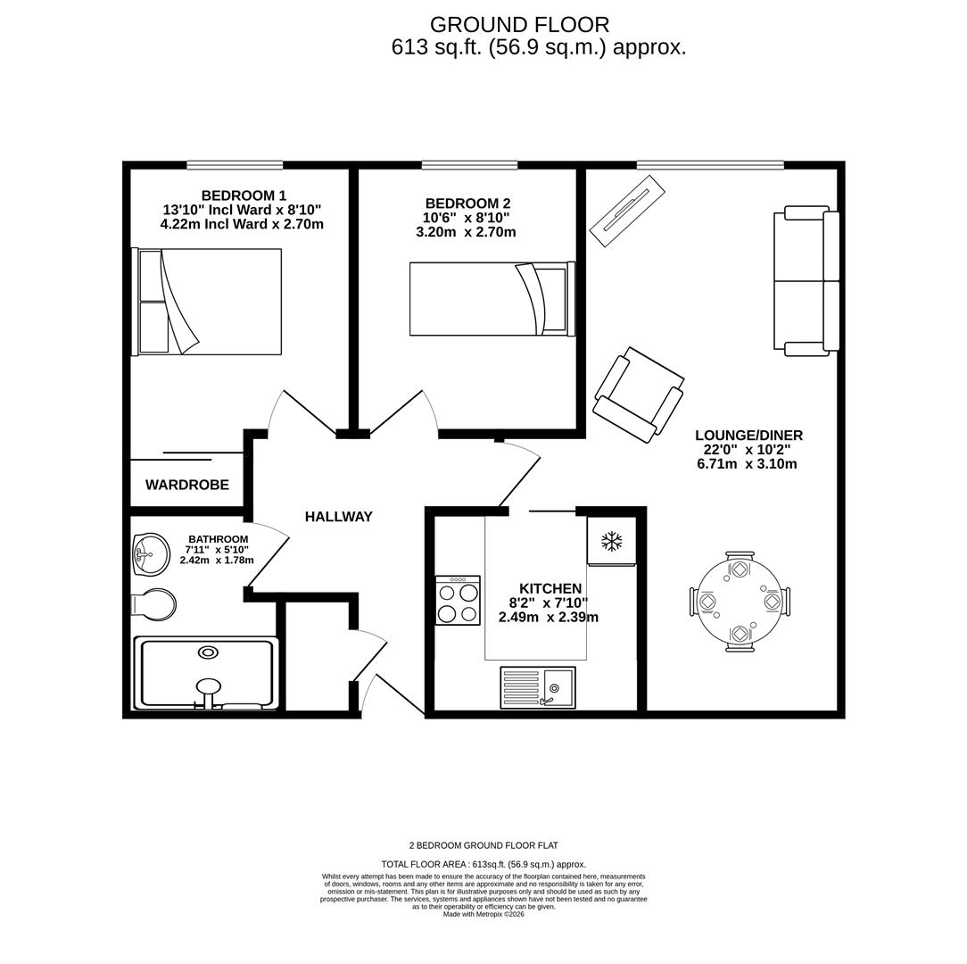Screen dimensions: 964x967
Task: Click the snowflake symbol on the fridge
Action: (611, 541)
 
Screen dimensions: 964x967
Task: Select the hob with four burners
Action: (458, 601)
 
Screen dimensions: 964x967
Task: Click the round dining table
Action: (740, 602)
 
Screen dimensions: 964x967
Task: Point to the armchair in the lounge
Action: (639, 395)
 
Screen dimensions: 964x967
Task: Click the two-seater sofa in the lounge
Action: (806, 281)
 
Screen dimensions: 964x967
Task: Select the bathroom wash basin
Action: (151, 554)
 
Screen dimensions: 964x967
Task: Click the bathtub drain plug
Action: (208, 652)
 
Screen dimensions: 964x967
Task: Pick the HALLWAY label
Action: (339, 517)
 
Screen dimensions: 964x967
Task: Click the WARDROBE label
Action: (187, 485)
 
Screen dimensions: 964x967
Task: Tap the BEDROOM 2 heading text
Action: (467, 204)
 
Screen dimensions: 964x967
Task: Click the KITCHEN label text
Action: (550, 589)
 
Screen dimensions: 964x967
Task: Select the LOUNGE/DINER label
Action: (748, 436)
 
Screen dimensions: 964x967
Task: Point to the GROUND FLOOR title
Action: (519, 25)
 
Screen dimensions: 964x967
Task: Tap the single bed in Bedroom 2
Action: (491, 299)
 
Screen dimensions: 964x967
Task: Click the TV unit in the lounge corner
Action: (627, 211)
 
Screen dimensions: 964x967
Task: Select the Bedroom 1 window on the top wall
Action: (235, 165)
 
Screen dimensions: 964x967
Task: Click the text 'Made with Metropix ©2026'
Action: (483, 914)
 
